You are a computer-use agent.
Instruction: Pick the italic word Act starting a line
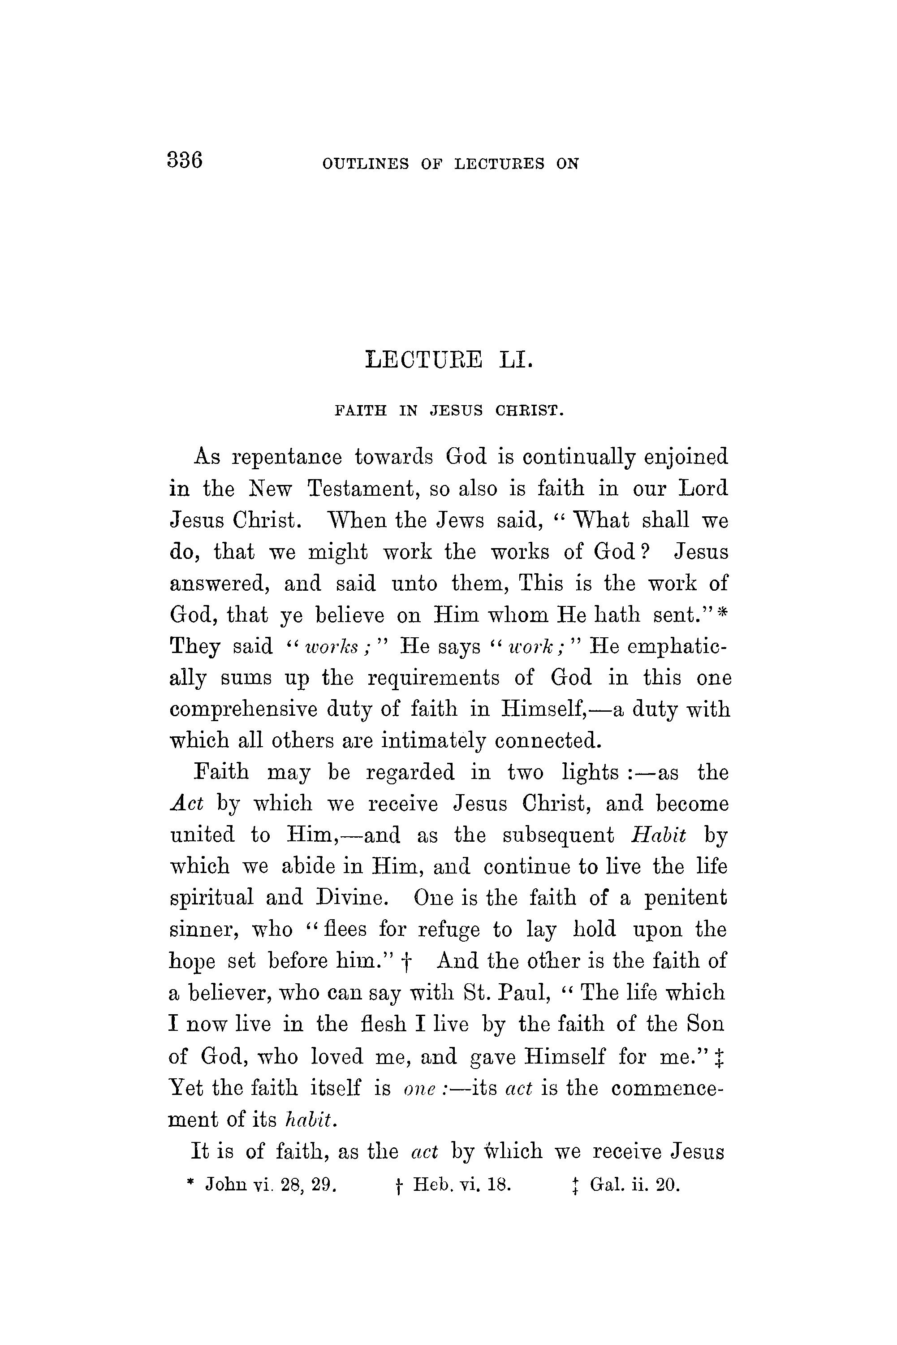187,804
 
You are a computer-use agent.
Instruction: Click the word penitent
686,898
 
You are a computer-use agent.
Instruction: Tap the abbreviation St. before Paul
474,993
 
